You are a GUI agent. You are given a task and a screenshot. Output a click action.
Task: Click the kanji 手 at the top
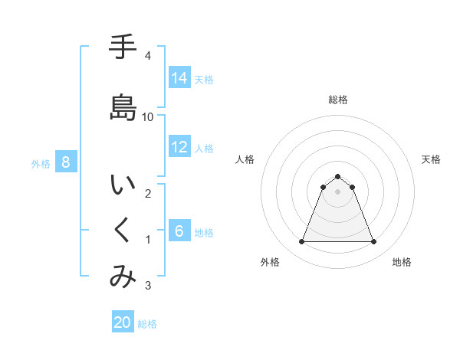click(x=123, y=48)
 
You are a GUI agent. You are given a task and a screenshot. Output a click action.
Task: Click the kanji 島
click(x=123, y=106)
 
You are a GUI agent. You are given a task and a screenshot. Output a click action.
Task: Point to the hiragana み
click(x=123, y=277)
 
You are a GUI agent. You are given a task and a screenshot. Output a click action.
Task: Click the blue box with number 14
click(x=179, y=78)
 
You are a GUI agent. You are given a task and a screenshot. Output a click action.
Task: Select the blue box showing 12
click(x=179, y=147)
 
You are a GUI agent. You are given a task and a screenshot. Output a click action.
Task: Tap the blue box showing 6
click(x=179, y=231)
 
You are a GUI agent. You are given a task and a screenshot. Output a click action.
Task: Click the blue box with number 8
click(x=66, y=162)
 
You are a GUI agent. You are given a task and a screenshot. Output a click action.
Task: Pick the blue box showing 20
click(x=123, y=323)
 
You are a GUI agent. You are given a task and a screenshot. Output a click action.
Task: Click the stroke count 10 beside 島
click(x=148, y=116)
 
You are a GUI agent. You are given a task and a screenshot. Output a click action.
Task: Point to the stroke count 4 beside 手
click(x=147, y=56)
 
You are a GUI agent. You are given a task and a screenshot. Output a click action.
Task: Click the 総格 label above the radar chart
click(x=337, y=100)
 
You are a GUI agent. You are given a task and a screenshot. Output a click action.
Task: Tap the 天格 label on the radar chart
click(x=432, y=159)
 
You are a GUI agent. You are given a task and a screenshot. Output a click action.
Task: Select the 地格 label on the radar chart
click(x=402, y=262)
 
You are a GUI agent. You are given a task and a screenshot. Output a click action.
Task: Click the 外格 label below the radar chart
click(x=270, y=262)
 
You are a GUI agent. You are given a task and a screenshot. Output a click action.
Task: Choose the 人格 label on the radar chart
click(x=245, y=159)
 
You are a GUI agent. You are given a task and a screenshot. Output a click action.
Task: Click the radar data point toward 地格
click(x=373, y=242)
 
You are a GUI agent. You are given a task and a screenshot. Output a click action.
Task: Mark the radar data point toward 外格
click(x=301, y=242)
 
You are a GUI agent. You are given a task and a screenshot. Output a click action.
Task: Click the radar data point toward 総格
click(x=337, y=176)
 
